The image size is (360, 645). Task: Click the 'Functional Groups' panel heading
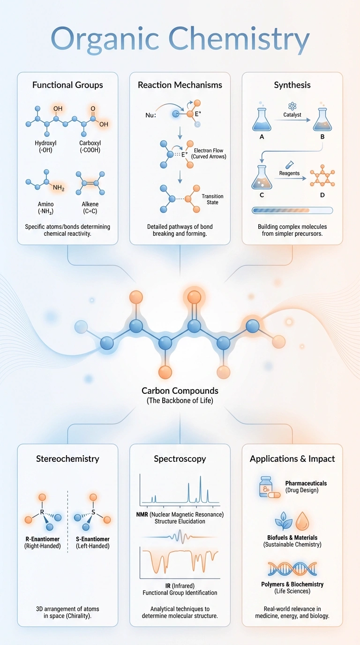click(x=67, y=85)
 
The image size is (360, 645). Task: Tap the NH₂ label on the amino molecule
click(x=59, y=188)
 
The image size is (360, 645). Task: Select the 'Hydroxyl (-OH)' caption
click(x=45, y=146)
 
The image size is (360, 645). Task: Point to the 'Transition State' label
click(x=212, y=199)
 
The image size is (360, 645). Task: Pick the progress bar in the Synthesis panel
click(x=292, y=210)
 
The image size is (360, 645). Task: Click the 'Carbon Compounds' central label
click(x=180, y=390)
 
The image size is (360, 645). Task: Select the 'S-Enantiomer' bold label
click(x=93, y=539)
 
